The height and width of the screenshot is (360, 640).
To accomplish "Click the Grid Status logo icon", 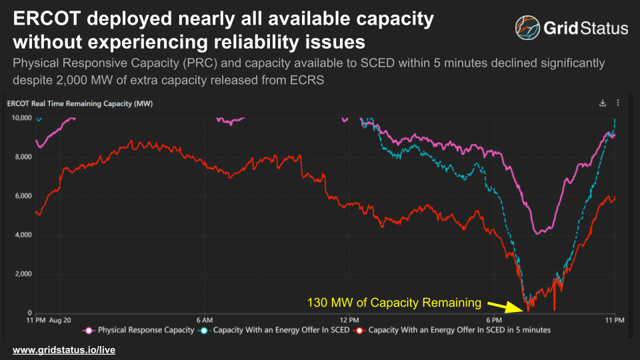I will tap(528, 28).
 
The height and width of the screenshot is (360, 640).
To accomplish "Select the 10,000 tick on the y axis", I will tap(21, 117).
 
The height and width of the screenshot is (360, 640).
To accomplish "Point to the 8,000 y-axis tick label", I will tap(23, 157).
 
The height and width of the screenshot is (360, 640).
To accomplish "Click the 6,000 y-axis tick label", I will tap(23, 196).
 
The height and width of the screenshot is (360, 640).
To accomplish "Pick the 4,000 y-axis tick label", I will tap(23, 235).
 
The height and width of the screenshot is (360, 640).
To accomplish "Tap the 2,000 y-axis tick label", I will tap(23, 274).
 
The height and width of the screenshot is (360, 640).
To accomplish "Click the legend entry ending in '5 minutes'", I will tap(453, 330).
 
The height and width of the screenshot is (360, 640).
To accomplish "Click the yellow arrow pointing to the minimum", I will tap(504, 306).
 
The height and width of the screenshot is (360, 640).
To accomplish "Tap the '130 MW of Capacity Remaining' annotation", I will tap(393, 303).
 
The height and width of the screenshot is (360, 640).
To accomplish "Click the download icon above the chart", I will tap(603, 103).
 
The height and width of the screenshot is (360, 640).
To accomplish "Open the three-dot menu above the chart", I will tap(618, 103).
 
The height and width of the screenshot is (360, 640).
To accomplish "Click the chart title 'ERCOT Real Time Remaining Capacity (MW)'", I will tap(70, 103).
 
